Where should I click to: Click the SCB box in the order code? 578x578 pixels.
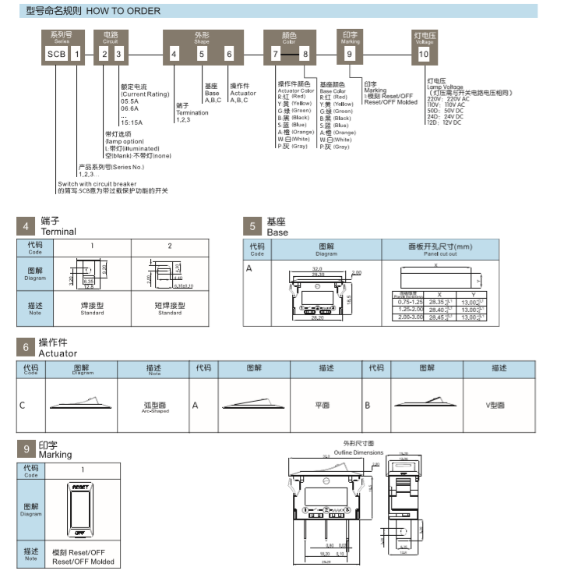tap(55, 55)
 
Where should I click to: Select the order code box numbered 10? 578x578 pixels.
tap(423, 55)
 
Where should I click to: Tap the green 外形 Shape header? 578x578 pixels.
tap(201, 37)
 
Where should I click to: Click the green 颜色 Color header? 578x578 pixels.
tap(289, 37)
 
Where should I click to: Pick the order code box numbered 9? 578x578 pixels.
tap(350, 55)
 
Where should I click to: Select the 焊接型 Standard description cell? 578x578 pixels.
tap(92, 308)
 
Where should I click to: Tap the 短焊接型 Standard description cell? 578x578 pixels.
tap(170, 308)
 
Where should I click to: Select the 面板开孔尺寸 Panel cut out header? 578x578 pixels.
tap(440, 249)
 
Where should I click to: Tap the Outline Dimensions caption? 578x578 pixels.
tap(358, 452)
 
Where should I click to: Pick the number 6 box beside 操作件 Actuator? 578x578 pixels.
tap(26, 348)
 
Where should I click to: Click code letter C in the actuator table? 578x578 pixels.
tap(22, 406)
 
